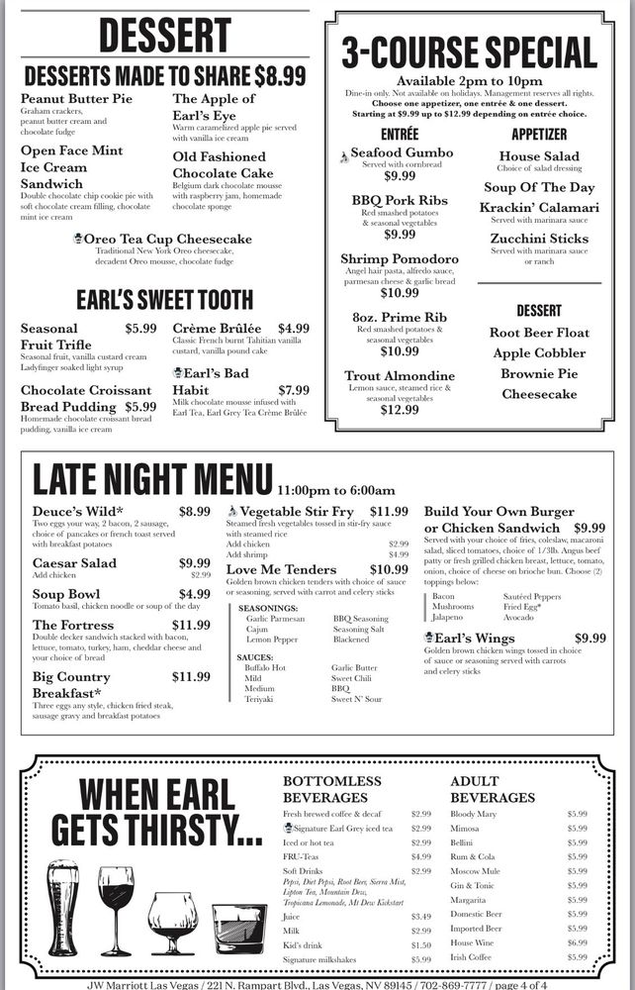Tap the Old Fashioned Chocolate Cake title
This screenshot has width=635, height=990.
[x=219, y=165]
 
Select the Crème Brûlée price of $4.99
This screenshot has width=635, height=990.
[x=294, y=329]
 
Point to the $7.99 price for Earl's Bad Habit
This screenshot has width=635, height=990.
[x=294, y=390]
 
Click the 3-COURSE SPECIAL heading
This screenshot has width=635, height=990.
[x=469, y=50]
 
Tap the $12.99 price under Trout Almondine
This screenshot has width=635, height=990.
[x=400, y=410]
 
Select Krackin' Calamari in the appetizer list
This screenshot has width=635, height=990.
[x=539, y=208]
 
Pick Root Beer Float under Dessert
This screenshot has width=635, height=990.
[x=539, y=334]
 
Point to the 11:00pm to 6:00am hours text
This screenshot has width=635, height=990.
[x=336, y=490]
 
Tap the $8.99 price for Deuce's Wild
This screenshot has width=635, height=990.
[x=194, y=512]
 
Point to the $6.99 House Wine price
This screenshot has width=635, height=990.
[x=577, y=943]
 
